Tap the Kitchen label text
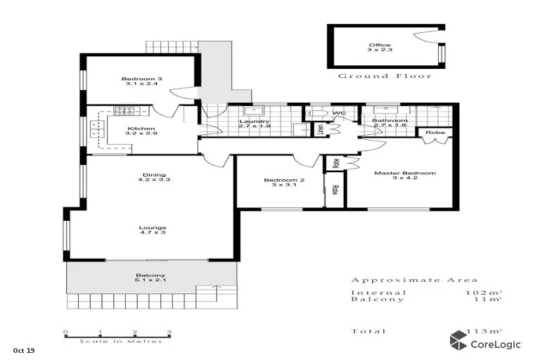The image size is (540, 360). (141, 129)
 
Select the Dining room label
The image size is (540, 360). (153, 176)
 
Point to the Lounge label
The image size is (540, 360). (153, 228)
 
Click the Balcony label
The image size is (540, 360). (150, 275)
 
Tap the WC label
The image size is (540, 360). (340, 113)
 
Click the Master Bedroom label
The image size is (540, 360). (404, 173)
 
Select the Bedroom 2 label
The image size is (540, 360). (284, 181)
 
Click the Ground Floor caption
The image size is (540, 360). (385, 76)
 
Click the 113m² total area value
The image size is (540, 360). (484, 331)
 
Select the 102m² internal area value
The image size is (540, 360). (484, 292)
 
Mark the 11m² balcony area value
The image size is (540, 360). (488, 300)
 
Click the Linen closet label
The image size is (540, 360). (320, 130)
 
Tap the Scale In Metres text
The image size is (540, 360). (120, 341)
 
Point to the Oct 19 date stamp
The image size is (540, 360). (23, 349)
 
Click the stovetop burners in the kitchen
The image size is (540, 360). (125, 110)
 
